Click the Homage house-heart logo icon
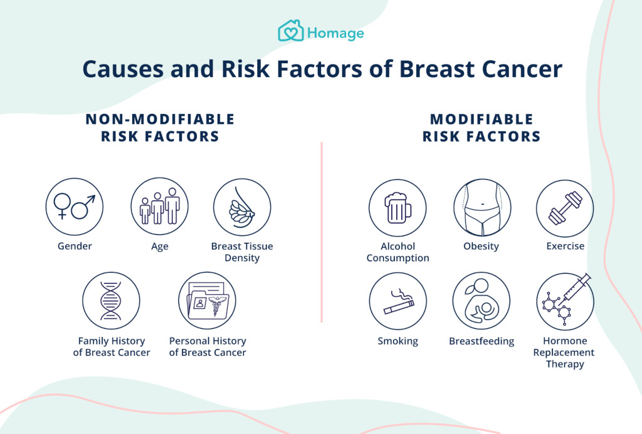291,31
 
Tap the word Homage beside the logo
335,33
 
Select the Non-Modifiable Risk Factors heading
160,128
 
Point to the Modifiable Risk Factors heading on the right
481,128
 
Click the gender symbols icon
75,207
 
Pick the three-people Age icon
160,206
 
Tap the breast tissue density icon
242,207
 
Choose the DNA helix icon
111,301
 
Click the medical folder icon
207,301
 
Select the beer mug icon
397,208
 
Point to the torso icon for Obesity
482,207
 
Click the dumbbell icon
565,209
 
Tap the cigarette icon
398,301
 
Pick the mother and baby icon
481,301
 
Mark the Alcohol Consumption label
397,252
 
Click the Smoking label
397,341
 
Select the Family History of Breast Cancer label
112,346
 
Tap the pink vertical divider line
322,232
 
